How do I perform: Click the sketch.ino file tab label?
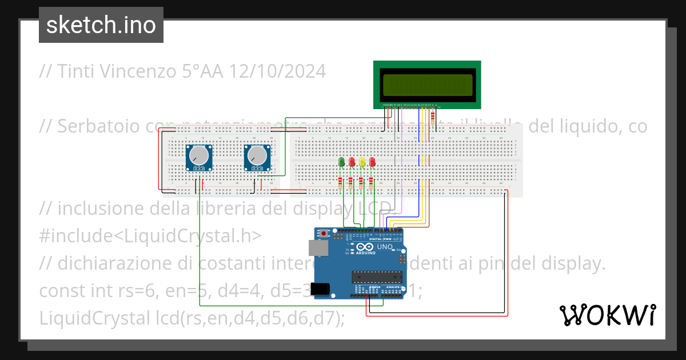click(101, 25)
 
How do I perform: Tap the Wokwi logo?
click(607, 315)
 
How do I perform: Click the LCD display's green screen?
click(428, 85)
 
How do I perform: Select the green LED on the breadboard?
click(342, 162)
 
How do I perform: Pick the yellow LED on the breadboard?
click(362, 162)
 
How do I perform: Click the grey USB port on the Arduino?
click(317, 247)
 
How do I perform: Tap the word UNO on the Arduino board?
click(384, 247)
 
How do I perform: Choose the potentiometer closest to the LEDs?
click(256, 156)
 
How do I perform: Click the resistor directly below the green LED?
click(341, 183)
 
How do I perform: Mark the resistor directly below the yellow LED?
click(361, 183)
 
